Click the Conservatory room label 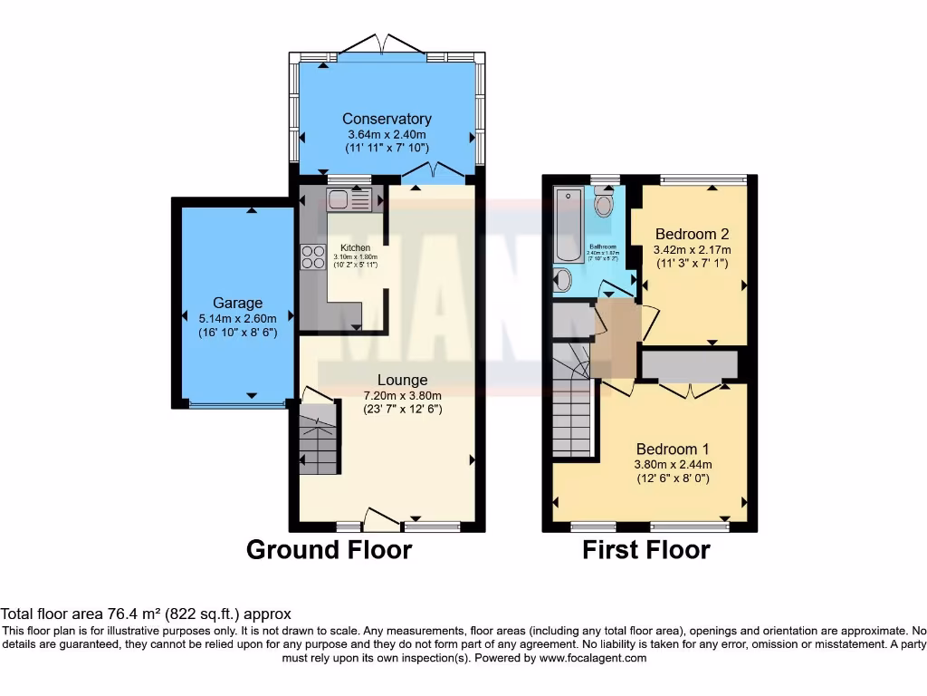387,119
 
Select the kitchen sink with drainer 349,198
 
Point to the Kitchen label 355,247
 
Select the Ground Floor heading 329,550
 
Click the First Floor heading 645,550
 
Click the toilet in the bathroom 604,204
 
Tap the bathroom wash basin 562,280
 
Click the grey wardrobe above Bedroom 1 689,364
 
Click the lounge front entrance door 380,521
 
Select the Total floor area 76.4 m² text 146,614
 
